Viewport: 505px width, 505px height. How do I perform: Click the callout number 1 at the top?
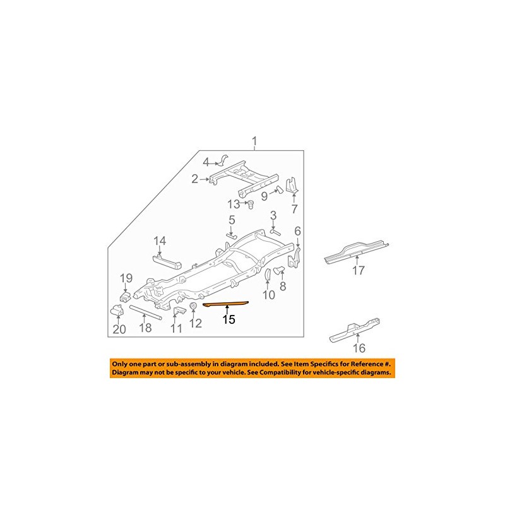click(x=255, y=140)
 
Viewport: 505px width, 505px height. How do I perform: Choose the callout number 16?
click(x=359, y=347)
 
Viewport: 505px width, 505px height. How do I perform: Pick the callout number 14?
click(x=160, y=241)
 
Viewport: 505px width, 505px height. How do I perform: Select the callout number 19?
click(x=126, y=277)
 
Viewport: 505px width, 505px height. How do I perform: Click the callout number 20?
click(x=119, y=328)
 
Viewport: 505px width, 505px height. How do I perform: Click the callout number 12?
click(x=196, y=324)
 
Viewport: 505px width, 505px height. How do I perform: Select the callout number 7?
click(x=294, y=209)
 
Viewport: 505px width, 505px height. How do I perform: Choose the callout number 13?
click(x=234, y=203)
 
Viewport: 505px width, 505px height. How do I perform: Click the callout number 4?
click(x=205, y=162)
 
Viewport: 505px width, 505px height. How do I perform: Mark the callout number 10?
click(x=268, y=294)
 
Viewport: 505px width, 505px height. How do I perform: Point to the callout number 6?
click(x=297, y=231)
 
